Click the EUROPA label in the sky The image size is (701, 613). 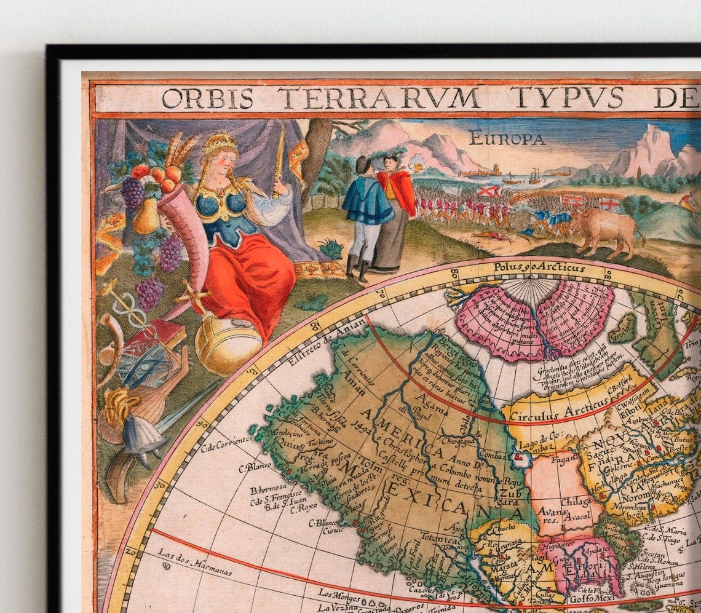click(x=506, y=138)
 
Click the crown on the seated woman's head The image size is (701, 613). click(x=220, y=144)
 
